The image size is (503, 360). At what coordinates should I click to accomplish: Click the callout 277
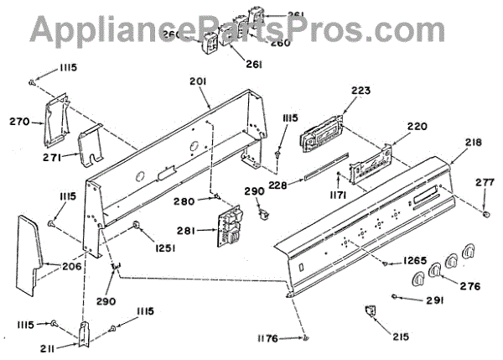(x=485, y=181)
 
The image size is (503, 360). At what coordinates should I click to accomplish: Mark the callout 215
(x=400, y=337)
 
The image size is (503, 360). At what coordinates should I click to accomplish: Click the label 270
(x=19, y=122)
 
